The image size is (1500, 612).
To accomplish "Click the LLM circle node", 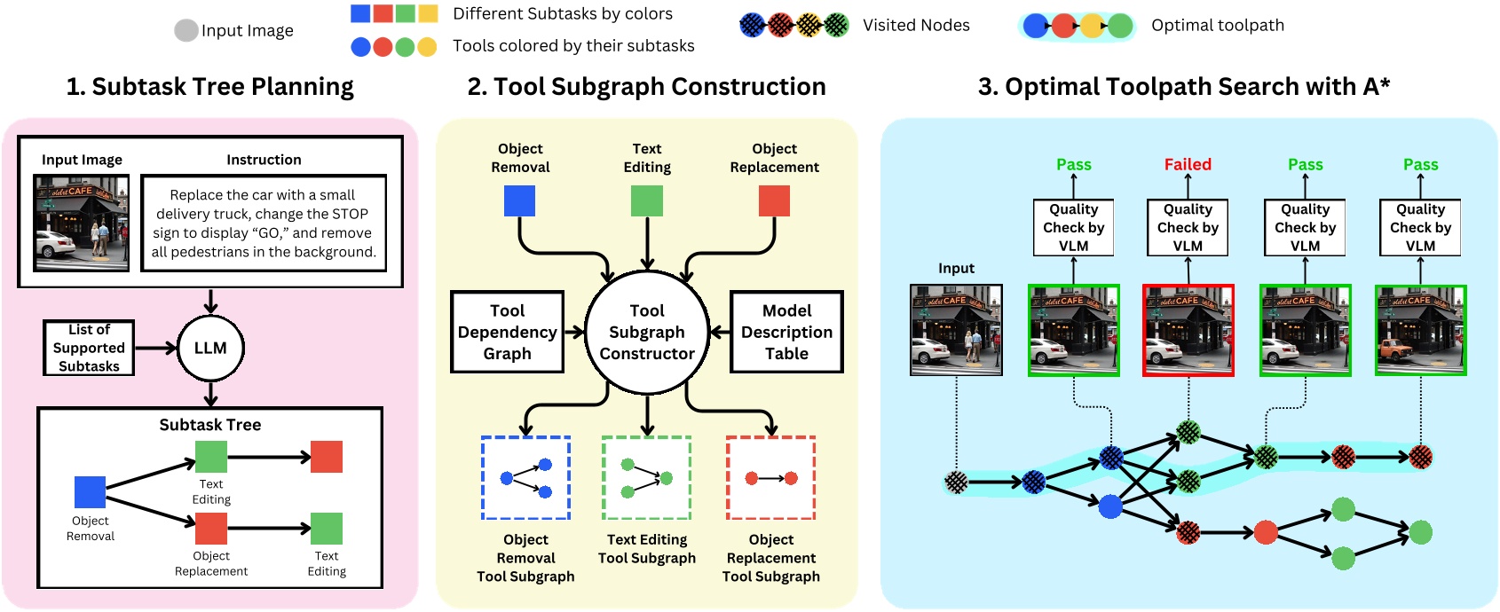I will [210, 348].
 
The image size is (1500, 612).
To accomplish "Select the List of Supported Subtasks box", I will [89, 348].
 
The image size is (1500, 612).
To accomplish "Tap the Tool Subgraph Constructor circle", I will [647, 332].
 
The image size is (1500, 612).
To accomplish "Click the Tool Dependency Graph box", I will [507, 332].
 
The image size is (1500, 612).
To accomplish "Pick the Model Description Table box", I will [786, 332].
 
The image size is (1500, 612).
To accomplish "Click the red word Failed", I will [1188, 164].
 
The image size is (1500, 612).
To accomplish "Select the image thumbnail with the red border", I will [1188, 330].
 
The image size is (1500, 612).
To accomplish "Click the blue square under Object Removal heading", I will [519, 200].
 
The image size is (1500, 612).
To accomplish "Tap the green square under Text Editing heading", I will [647, 200].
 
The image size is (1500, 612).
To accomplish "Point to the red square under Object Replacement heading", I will [774, 200].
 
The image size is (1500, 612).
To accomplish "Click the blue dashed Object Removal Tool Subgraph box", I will [525, 478].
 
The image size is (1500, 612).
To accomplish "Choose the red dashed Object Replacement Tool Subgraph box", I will [770, 478].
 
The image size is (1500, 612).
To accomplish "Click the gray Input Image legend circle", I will [186, 30].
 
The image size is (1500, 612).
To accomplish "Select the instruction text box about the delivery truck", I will [264, 223].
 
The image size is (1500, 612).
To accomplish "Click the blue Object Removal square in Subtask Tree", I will [90, 491].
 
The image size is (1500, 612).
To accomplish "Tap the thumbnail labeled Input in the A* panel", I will [956, 330].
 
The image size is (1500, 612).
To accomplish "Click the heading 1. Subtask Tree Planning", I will [209, 86].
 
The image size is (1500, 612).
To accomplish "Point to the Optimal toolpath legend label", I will [1217, 25].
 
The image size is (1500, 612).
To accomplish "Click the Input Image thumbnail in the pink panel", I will [81, 223].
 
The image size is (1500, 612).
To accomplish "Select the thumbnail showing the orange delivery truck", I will [1420, 330].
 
